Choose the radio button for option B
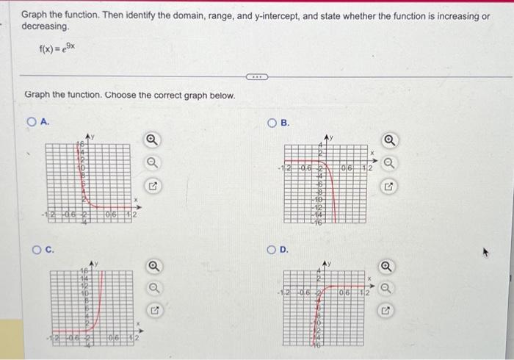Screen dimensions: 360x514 tap(272, 122)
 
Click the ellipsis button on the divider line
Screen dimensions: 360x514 tap(257, 76)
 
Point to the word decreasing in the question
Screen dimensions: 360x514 tap(45, 26)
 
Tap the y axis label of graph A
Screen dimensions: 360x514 tap(93, 135)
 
